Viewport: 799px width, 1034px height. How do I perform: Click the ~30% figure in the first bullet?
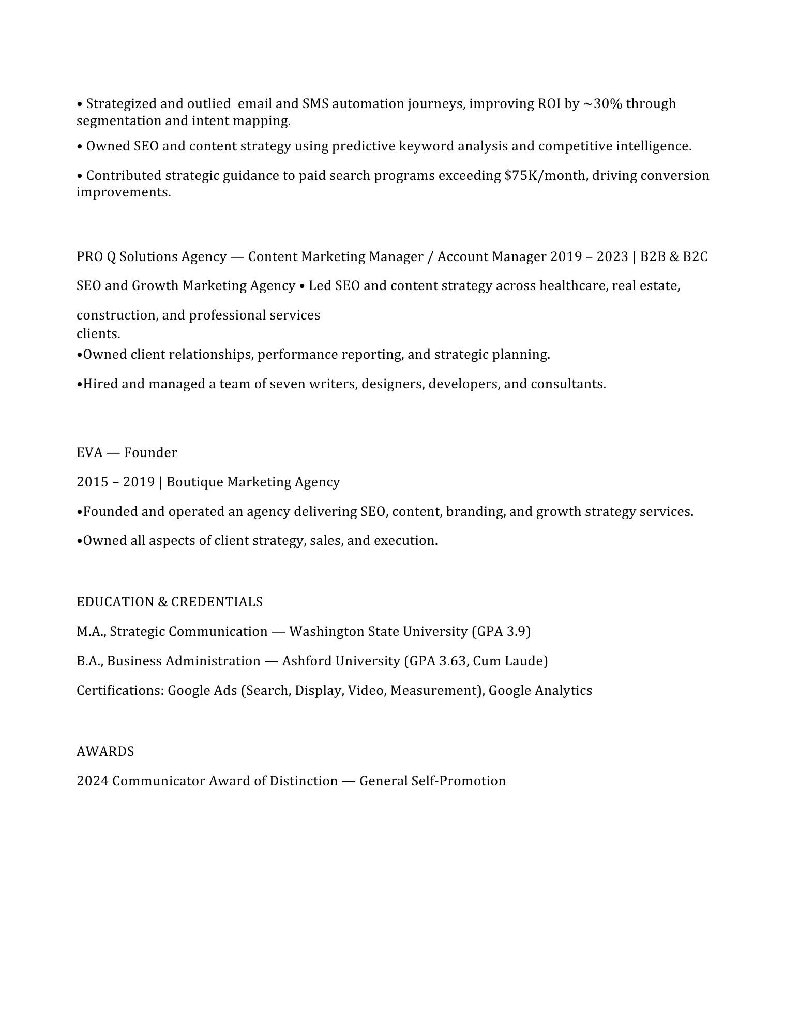[x=602, y=104]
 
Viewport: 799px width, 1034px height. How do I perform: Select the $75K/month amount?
[x=545, y=176]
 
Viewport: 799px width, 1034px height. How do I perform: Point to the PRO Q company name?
[x=91, y=257]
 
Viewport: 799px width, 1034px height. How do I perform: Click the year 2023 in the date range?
[x=612, y=257]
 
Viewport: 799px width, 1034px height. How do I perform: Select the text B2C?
[x=695, y=257]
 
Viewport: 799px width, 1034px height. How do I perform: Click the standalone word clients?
[x=98, y=334]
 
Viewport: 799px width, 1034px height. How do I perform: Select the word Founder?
[x=150, y=453]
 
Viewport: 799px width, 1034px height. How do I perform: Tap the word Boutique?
[x=195, y=482]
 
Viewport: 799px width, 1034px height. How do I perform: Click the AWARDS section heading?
[x=105, y=752]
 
